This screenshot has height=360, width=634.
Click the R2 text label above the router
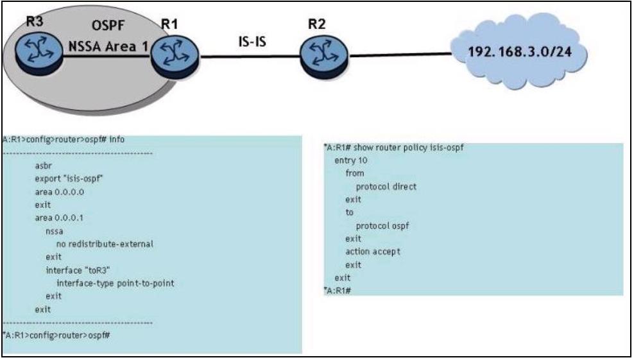[x=316, y=26]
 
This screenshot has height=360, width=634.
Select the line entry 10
[x=351, y=161]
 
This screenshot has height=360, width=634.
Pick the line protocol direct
[x=386, y=187]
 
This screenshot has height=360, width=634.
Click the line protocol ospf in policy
[x=383, y=225]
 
